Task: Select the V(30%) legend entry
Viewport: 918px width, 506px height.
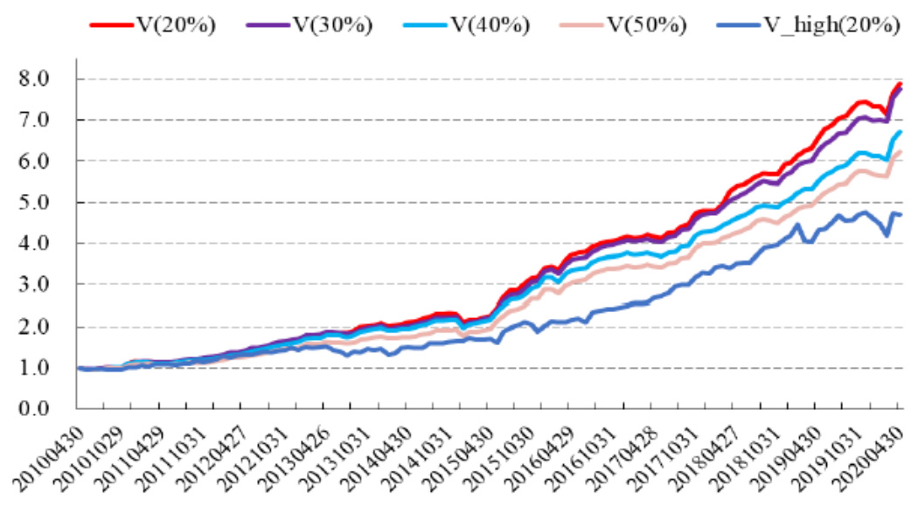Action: (x=332, y=24)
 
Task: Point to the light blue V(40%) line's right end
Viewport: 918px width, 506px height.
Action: (x=901, y=132)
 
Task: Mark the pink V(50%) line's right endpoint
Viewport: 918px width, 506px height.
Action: (x=901, y=152)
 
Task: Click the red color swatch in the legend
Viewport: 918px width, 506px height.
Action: (x=108, y=24)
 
